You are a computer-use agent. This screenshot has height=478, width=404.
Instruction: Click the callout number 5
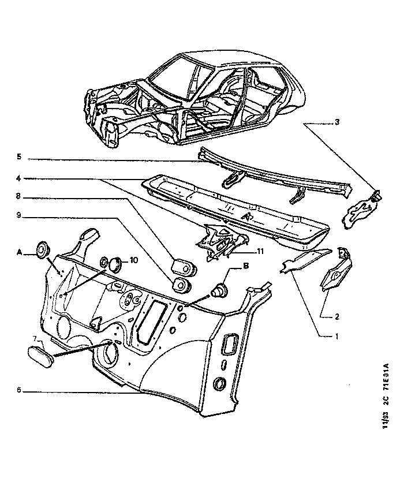pyautogui.click(x=18, y=157)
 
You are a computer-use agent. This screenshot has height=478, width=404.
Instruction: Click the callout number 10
pyautogui.click(x=134, y=260)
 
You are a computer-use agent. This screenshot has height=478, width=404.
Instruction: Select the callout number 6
pyautogui.click(x=18, y=390)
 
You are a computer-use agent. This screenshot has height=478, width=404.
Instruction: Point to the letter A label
pyautogui.click(x=19, y=252)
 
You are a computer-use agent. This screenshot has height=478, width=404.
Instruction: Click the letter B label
pyautogui.click(x=245, y=267)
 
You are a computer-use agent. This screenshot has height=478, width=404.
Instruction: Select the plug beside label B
pyautogui.click(x=220, y=289)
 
